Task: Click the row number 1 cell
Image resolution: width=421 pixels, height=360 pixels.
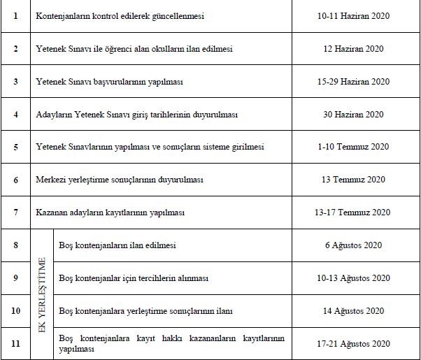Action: point(15,15)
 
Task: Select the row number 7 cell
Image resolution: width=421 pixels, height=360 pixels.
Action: point(15,213)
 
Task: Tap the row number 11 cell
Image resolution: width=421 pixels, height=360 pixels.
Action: point(15,343)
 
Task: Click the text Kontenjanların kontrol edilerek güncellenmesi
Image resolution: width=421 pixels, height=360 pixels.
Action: point(120,15)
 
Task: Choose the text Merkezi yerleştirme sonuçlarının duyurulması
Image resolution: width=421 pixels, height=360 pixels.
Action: point(120,180)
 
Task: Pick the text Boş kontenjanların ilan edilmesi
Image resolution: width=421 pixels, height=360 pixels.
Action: point(118,245)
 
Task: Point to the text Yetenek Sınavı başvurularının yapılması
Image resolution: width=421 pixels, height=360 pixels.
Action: point(109,81)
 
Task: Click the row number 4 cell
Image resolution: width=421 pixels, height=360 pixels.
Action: point(15,114)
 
